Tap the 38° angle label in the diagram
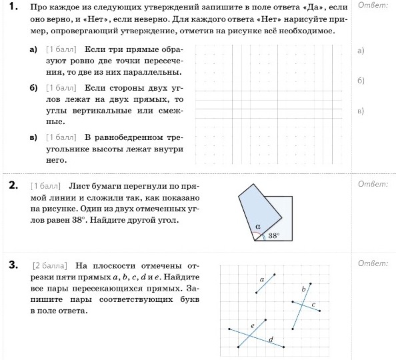273,235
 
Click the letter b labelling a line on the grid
303,289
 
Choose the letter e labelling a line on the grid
253,325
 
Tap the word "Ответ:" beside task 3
373,263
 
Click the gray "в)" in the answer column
361,111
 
